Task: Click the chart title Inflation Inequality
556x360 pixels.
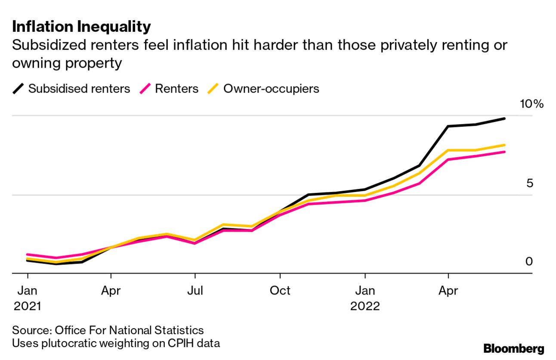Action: [81, 27]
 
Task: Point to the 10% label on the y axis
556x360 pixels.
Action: [531, 104]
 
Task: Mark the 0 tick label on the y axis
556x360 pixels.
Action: [529, 261]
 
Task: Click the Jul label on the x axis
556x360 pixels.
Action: [195, 290]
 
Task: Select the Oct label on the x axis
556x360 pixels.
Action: [280, 290]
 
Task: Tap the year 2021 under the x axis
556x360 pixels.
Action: [28, 306]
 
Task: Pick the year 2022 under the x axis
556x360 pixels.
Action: [365, 306]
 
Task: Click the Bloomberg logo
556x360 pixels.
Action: [514, 348]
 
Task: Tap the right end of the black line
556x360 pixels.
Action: [504, 118]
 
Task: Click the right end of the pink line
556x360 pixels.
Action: [504, 152]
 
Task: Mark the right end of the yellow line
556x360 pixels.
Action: [504, 145]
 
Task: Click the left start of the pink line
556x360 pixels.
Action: [28, 254]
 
